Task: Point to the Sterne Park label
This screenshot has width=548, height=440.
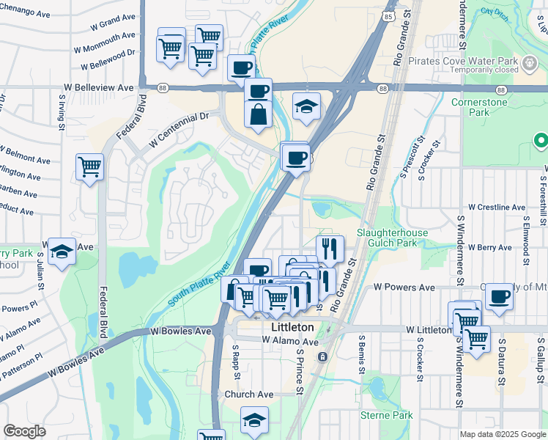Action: pyautogui.click(x=387, y=415)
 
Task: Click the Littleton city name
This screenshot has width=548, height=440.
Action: pyautogui.click(x=292, y=327)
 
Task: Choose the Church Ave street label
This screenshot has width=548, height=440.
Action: pyautogui.click(x=248, y=395)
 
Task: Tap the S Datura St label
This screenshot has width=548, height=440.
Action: pyautogui.click(x=503, y=361)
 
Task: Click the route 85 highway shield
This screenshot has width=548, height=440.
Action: pyautogui.click(x=386, y=14)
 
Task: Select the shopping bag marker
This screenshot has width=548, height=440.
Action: pyautogui.click(x=258, y=115)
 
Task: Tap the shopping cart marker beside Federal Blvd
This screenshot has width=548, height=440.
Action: pyautogui.click(x=89, y=166)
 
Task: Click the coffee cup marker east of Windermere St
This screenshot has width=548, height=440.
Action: pyautogui.click(x=499, y=296)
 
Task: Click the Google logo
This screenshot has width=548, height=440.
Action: pyautogui.click(x=24, y=430)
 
